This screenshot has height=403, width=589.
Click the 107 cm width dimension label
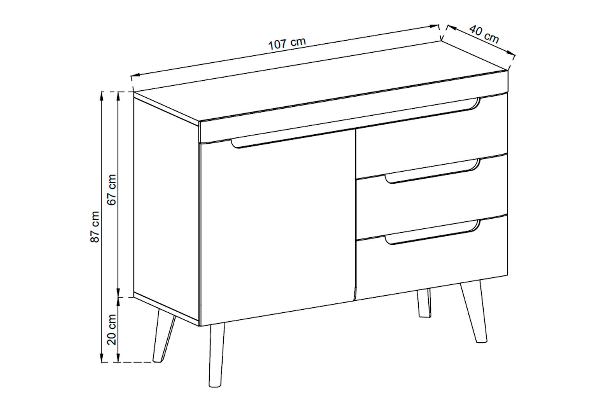[x=287, y=44]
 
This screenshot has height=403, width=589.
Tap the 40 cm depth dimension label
[x=484, y=34]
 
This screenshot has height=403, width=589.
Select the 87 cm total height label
[x=95, y=227]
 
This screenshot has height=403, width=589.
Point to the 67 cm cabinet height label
[x=112, y=190]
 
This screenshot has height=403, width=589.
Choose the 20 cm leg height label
[x=112, y=329]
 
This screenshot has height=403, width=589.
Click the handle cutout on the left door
[x=292, y=138]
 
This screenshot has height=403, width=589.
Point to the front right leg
[x=474, y=312]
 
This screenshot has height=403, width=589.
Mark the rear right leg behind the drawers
[x=424, y=303]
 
